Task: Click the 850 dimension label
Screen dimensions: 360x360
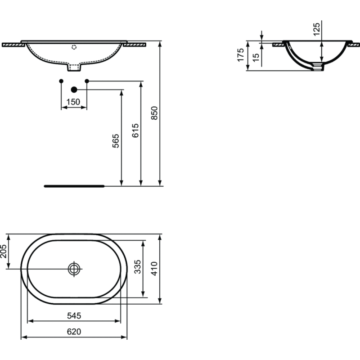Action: tap(153, 112)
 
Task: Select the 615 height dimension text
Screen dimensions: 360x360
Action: tap(135, 130)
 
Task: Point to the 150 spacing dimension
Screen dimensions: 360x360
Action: tap(73, 102)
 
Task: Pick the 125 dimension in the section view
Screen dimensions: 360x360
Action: tap(316, 30)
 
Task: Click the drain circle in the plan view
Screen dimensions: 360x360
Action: tap(74, 269)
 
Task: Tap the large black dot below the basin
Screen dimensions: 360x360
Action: tap(74, 90)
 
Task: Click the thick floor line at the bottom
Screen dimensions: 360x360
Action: tap(74, 185)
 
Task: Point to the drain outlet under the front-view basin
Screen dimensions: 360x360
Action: tap(74, 67)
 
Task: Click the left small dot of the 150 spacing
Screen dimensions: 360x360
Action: tap(61, 81)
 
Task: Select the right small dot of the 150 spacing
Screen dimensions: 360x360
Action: tap(87, 81)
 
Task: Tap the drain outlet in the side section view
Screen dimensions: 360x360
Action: tap(318, 67)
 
